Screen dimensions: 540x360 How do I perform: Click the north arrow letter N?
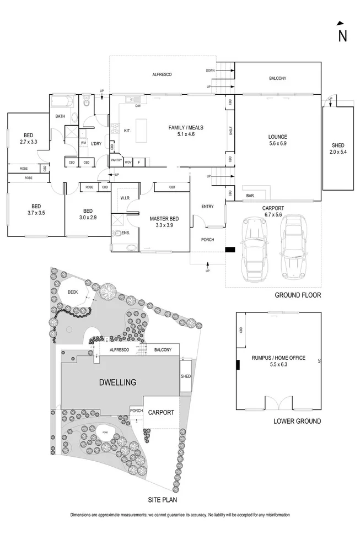[x=342, y=36]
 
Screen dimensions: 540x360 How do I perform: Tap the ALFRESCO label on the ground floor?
[x=164, y=74]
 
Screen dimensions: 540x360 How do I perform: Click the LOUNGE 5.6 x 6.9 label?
[x=278, y=140]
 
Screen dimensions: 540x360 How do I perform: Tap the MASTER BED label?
[x=163, y=222]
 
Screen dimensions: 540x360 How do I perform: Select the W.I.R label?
[x=125, y=198]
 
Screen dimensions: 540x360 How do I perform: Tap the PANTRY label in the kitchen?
[x=116, y=161]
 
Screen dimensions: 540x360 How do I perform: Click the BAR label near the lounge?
[x=250, y=196]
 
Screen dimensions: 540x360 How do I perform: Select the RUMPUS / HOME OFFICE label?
[x=278, y=361]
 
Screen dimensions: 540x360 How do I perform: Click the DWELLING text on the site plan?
[x=117, y=382]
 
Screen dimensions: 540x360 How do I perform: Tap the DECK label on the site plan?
[x=72, y=292]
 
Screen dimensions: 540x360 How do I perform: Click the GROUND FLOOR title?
[x=298, y=295]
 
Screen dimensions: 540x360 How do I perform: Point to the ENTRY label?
[x=207, y=207]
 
